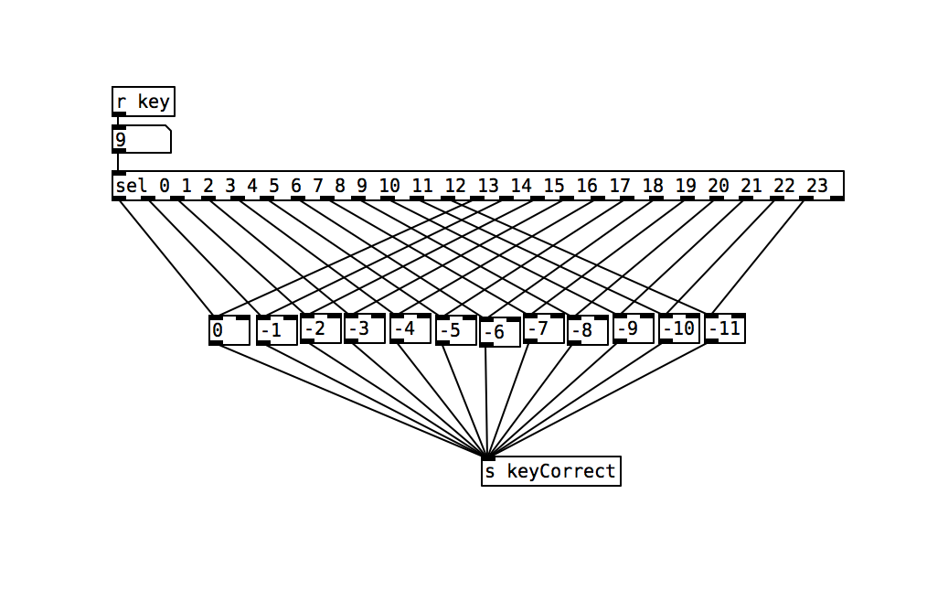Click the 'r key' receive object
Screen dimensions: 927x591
(x=143, y=102)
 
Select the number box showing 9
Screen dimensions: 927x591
(x=142, y=139)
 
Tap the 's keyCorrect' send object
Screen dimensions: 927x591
(x=551, y=471)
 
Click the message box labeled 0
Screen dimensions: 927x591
(x=229, y=330)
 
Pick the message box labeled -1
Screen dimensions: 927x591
(x=277, y=330)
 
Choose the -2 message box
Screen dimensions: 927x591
(x=321, y=328)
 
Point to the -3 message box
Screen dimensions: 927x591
(x=365, y=328)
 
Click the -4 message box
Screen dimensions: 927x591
(x=410, y=328)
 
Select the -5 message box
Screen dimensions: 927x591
(x=456, y=330)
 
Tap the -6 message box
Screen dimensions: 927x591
(x=499, y=332)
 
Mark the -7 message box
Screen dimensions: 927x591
(x=544, y=328)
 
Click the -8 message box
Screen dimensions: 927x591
(x=588, y=330)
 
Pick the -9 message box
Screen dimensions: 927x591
(x=634, y=328)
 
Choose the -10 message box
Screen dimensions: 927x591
(x=679, y=328)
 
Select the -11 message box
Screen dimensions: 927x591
(x=725, y=328)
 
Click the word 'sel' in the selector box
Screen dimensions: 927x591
(x=132, y=186)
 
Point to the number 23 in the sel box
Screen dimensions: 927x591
(x=817, y=186)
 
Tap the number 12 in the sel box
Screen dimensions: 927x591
(x=455, y=186)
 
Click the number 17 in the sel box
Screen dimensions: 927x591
(x=620, y=186)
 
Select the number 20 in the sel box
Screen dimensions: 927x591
(x=719, y=186)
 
